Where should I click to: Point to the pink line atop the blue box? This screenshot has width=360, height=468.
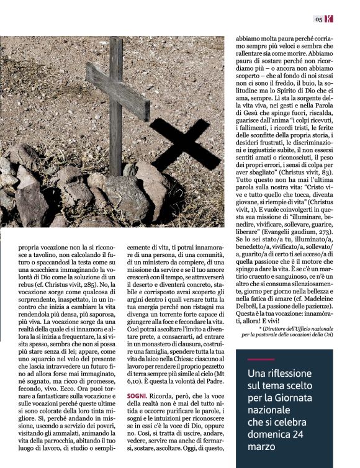261,359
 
